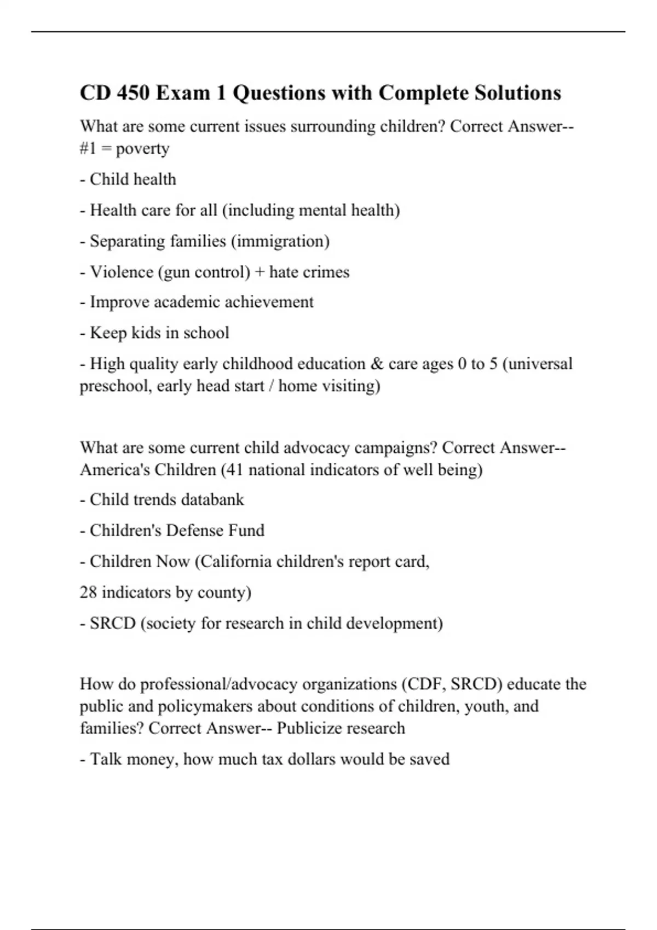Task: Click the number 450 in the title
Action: [130, 93]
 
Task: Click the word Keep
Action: [108, 333]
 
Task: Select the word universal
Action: [540, 364]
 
